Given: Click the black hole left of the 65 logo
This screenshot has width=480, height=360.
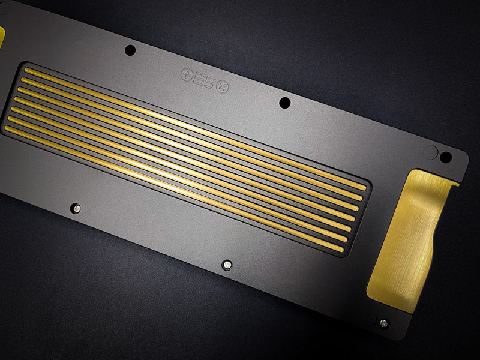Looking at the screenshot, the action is coord(130,50).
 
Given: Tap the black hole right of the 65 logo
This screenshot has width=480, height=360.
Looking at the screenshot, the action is coord(284,103).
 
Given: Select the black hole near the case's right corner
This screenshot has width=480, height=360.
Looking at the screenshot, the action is coord(446,157).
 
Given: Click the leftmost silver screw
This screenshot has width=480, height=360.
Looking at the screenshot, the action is coord(76,209).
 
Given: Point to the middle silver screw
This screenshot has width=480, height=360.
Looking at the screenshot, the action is coord(227,265).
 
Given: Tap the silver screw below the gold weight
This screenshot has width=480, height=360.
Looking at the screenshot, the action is coord(383,323).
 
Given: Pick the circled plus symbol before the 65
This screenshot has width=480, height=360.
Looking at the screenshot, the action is coord(187,74).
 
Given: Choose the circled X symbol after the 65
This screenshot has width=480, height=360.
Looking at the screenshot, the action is coord(222,87).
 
